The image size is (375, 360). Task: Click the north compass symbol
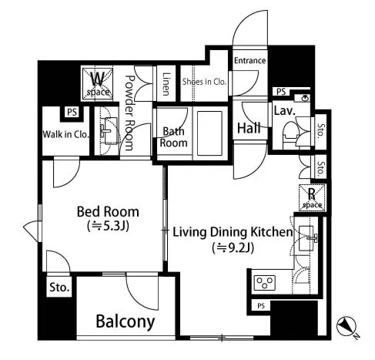tap(347, 326)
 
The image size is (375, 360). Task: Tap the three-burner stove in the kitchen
tap(265, 283)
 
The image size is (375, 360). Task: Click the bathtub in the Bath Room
tap(209, 133)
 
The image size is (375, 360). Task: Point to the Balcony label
tap(126, 321)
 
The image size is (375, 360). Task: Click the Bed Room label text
tap(108, 212)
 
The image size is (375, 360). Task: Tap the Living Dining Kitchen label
tap(233, 232)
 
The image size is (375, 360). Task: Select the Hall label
tap(249, 128)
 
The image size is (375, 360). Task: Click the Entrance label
tap(249, 61)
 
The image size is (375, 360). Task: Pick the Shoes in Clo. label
tap(204, 82)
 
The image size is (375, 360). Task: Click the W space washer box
tap(98, 83)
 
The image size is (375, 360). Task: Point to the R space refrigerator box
tap(312, 198)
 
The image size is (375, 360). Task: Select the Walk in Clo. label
tap(65, 134)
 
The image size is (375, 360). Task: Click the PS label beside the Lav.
tap(281, 92)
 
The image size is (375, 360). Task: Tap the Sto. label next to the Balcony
tap(59, 288)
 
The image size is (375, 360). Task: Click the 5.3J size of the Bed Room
tap(108, 226)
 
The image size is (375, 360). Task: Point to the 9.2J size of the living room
tap(233, 248)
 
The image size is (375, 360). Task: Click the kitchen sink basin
tap(306, 238)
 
